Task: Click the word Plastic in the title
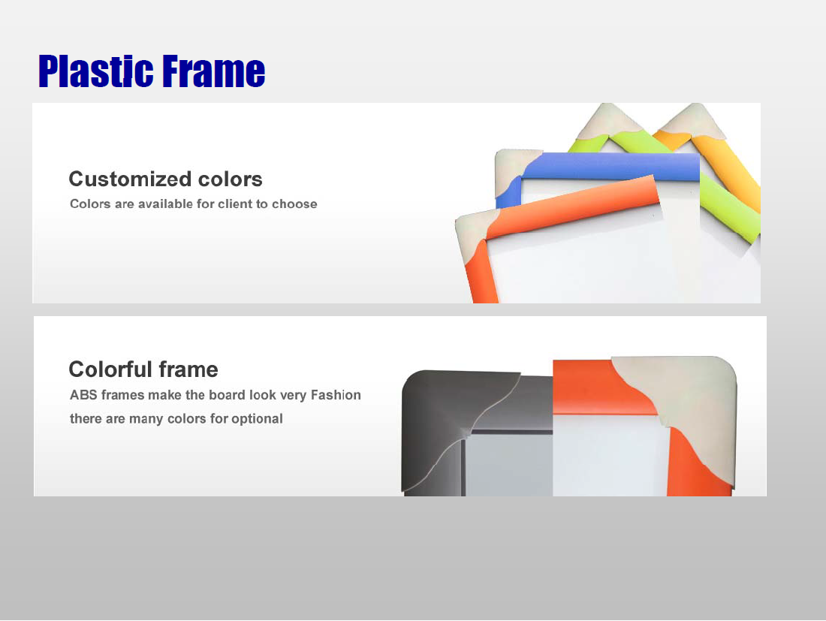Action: (96, 71)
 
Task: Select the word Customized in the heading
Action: (131, 179)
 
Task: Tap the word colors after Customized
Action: (231, 179)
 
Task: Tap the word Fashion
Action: (336, 395)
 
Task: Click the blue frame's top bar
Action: (611, 167)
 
